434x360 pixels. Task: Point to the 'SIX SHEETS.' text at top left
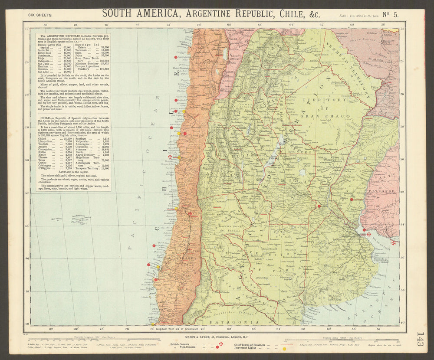[40, 15]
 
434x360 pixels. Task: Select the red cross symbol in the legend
[220, 344]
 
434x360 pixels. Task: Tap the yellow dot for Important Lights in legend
[284, 348]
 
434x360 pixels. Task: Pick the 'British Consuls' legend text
[182, 344]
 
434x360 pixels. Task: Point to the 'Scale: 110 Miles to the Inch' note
[360, 16]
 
